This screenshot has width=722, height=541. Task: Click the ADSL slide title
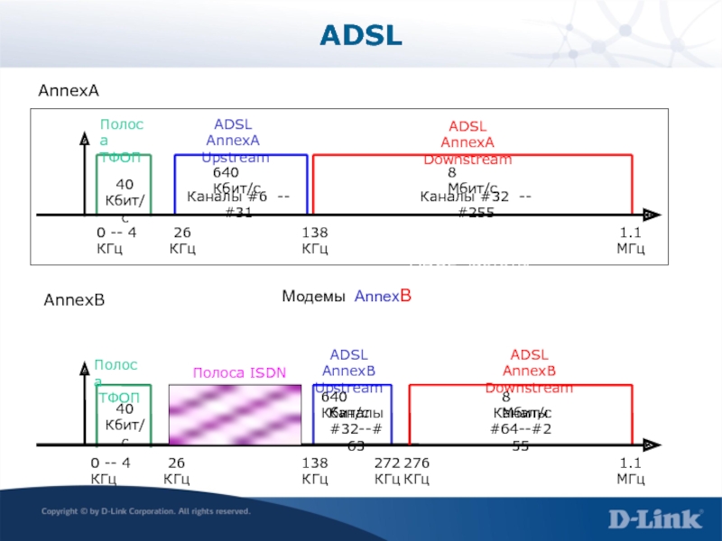click(360, 36)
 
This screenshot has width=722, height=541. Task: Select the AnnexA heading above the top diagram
click(67, 92)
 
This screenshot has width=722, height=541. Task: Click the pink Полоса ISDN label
click(239, 372)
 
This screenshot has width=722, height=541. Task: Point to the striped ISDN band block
click(235, 414)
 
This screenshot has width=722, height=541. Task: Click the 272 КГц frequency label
click(387, 470)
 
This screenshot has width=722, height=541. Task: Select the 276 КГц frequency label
click(417, 470)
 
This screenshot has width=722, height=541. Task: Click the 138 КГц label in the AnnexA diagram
click(315, 241)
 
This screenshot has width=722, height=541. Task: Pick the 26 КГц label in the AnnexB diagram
click(177, 470)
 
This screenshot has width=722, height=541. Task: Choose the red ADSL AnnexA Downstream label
click(467, 143)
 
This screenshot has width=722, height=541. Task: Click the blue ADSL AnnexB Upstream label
click(348, 371)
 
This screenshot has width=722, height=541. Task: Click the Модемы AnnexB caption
click(347, 296)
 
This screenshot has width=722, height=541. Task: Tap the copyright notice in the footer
click(145, 511)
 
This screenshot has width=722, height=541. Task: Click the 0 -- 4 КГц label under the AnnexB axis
click(110, 470)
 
